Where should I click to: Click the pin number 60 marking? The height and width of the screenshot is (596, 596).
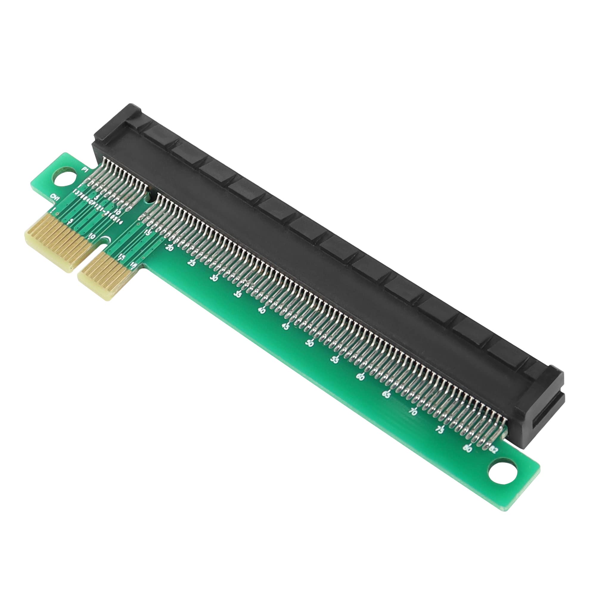click(360, 377)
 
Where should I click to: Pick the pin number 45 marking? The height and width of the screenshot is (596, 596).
click(286, 326)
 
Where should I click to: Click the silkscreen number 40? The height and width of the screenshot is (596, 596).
click(262, 310)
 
